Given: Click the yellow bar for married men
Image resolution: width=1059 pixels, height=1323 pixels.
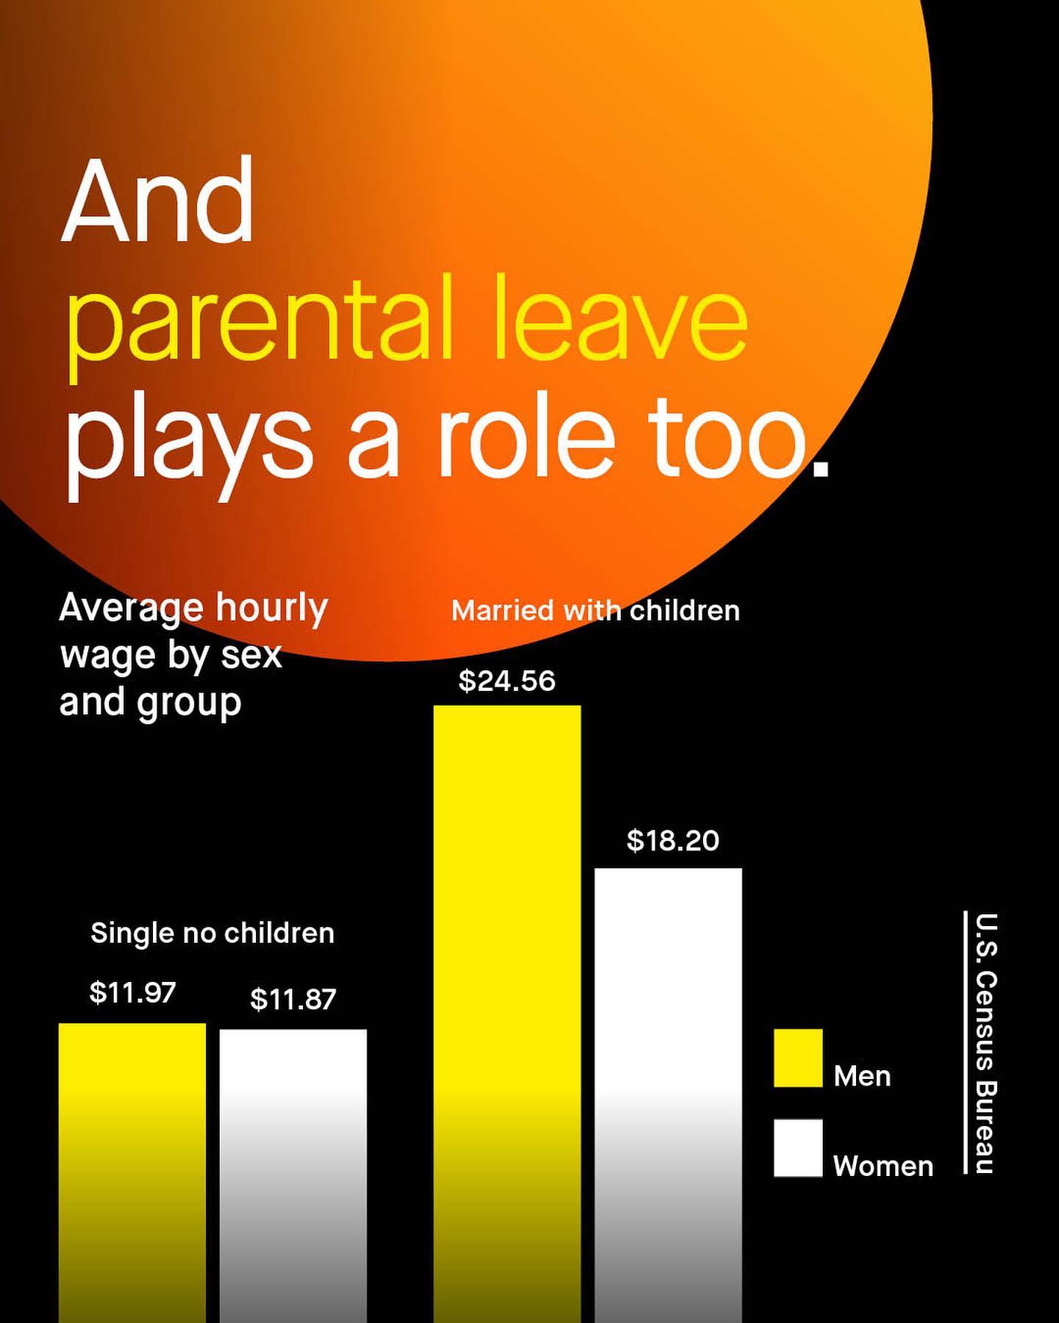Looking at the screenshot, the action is click(x=507, y=1014).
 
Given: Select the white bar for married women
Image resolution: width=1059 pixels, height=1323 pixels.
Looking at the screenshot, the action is click(x=668, y=1095).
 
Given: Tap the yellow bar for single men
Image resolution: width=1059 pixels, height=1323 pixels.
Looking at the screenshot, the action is click(x=132, y=1173).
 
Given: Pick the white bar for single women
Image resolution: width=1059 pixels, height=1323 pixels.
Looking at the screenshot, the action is click(x=293, y=1176).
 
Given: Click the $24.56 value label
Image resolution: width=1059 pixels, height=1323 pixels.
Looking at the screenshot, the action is click(x=507, y=681).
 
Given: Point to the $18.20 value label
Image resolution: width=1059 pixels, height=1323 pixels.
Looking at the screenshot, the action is click(x=673, y=840).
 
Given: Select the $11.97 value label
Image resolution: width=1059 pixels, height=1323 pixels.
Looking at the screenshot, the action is click(x=132, y=992).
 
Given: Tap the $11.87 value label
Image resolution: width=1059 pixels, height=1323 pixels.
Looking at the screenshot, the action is click(x=293, y=999).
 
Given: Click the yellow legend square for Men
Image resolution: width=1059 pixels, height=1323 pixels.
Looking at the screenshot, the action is click(x=798, y=1058).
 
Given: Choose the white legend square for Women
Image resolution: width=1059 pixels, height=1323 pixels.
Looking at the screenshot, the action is click(x=798, y=1148).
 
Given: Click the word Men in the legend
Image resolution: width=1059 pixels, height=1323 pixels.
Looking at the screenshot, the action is click(x=862, y=1076).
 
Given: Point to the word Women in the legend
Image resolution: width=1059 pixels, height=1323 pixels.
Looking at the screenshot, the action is click(x=883, y=1166).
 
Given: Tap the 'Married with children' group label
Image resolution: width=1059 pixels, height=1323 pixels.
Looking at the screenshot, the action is click(x=596, y=611).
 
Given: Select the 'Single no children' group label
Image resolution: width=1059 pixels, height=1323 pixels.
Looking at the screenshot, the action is click(x=213, y=933).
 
